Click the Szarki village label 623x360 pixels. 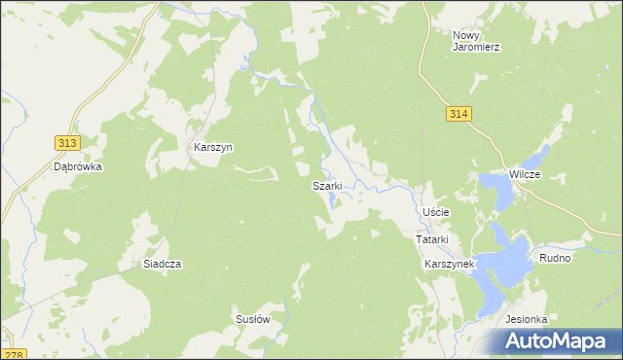pyautogui.click(x=326, y=186)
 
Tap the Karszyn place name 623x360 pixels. pyautogui.click(x=212, y=148)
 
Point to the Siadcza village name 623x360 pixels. pyautogui.click(x=163, y=264)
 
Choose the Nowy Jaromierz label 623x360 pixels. pyautogui.click(x=476, y=41)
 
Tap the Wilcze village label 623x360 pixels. pyautogui.click(x=531, y=173)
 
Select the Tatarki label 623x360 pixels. pyautogui.click(x=431, y=239)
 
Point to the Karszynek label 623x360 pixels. pyautogui.click(x=448, y=264)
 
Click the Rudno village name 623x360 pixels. pyautogui.click(x=555, y=259)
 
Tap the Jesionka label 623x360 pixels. pyautogui.click(x=527, y=319)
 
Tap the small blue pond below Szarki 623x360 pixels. pyautogui.click(x=334, y=200)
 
